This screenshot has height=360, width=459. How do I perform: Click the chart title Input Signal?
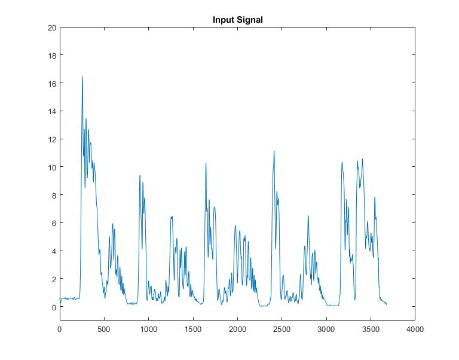coord(237,20)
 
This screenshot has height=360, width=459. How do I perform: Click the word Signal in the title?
coord(250,20)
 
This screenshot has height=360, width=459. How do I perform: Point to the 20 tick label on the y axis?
coord(52,28)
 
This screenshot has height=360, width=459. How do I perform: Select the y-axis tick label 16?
coord(52,84)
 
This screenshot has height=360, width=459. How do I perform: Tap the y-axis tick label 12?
coord(52,139)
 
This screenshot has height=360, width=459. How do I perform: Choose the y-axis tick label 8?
coord(54,195)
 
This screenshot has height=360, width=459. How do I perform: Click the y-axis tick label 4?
coord(54,251)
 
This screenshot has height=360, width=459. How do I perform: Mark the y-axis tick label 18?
coord(52,56)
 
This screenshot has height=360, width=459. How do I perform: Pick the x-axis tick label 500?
coord(104,330)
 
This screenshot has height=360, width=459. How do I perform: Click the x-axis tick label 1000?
coord(148,330)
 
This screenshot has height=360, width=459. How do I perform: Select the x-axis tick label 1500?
coord(192,330)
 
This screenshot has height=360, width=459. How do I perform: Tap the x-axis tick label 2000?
coord(237,330)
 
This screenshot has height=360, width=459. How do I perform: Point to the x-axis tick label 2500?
coord(281,330)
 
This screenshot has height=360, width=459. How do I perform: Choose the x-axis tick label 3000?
coord(326,330)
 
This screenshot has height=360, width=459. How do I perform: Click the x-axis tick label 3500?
coord(371,330)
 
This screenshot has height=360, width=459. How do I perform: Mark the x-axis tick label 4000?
coord(415,330)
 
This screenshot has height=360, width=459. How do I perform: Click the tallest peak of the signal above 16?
coord(82,77)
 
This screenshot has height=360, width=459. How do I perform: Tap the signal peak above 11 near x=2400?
coord(274,151)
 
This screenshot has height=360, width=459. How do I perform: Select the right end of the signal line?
coord(387,304)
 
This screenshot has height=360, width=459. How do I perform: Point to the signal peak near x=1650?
coord(206,163)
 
